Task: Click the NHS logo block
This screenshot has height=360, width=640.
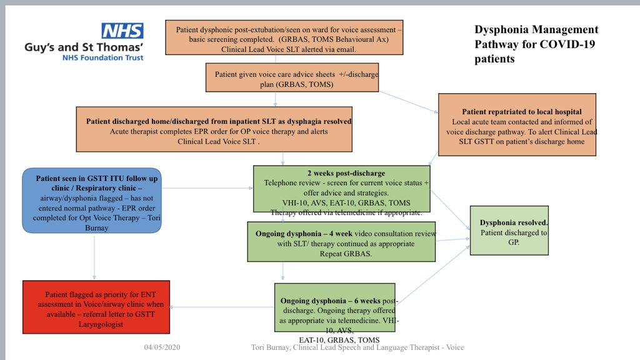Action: pos(122,31)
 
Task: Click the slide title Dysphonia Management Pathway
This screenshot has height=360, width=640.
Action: pos(536,44)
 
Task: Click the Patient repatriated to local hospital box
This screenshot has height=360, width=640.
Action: pos(517,124)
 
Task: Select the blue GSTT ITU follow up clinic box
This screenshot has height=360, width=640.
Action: pos(92,200)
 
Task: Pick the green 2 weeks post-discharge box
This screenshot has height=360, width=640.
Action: pos(341,189)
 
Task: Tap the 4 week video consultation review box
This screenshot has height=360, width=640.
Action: pos(341,241)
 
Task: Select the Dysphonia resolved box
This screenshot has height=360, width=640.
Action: pos(509,229)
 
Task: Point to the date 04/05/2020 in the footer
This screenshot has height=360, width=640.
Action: pos(162,347)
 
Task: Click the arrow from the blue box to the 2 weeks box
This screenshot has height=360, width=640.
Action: pos(206,187)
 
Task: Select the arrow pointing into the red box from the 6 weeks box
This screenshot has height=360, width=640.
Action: pos(222,307)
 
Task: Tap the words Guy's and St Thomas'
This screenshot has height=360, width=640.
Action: pos(84,47)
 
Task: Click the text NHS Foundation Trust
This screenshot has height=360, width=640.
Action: pos(102,57)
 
